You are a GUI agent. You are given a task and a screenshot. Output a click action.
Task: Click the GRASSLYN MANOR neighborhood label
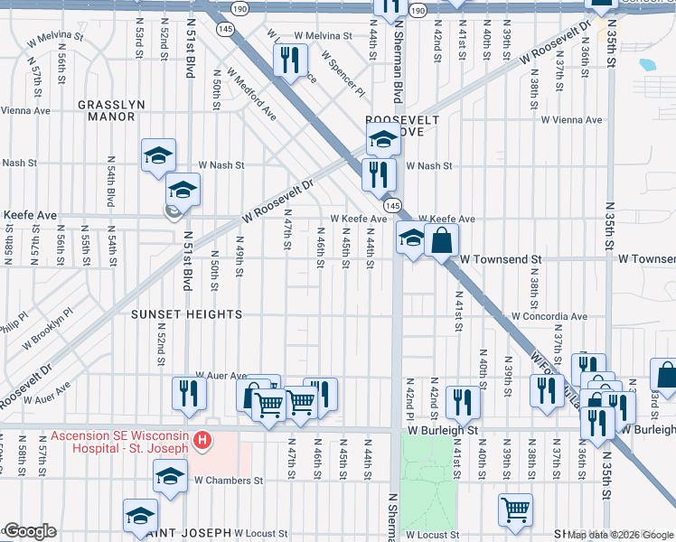coord(111,110)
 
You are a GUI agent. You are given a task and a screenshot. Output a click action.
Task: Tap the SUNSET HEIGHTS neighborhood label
coord(186,314)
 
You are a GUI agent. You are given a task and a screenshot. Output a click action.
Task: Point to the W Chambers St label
coord(228,481)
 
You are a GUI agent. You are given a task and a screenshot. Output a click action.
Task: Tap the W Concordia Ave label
coord(549,317)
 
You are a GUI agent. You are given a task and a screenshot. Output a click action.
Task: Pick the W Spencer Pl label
coord(343,75)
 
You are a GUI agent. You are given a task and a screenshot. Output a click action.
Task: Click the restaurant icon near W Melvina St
coord(289,61)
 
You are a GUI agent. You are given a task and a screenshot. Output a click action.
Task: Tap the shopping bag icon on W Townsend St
coord(442,240)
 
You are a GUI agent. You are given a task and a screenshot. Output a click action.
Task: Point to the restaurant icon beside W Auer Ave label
coord(190,393)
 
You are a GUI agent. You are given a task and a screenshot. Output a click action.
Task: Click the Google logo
coord(29,531)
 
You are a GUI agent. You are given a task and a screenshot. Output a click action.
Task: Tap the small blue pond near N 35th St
coord(647,65)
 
